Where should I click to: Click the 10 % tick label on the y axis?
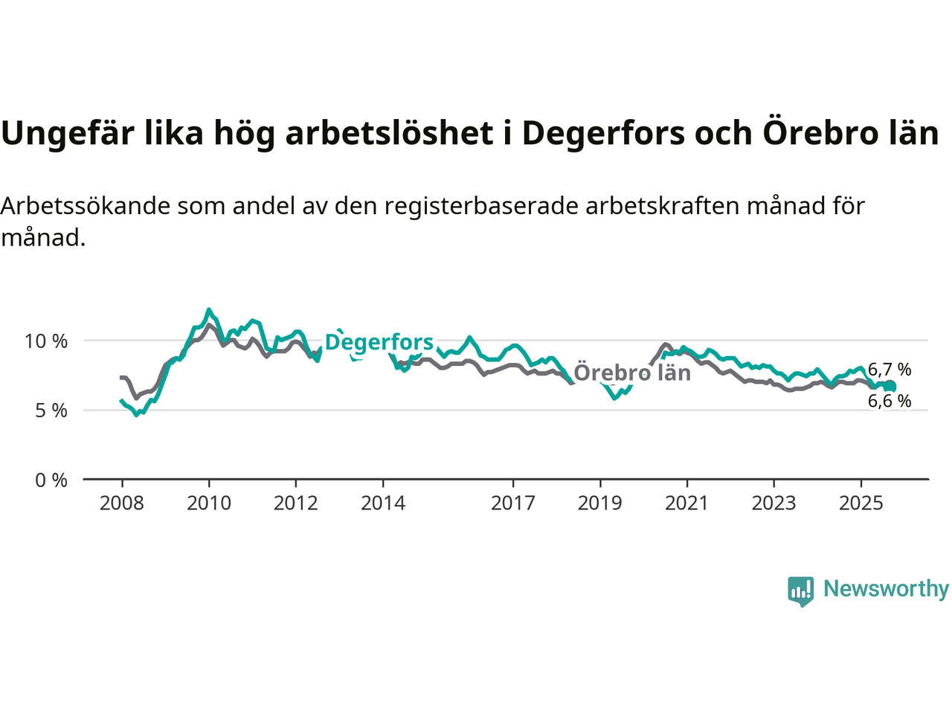pos(46,341)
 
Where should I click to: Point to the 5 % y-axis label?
pos(51,411)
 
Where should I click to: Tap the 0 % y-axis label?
pos(51,480)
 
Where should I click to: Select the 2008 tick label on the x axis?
pos(122,504)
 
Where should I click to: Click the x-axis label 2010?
pos(209,504)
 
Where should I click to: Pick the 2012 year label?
pos(296,504)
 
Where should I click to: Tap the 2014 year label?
pos(383,504)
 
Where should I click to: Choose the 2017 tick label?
pos(513,504)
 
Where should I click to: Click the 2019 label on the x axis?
pos(600,504)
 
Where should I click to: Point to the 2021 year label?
pos(686,504)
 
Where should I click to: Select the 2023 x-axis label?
pos(773,504)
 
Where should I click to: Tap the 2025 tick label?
pos(861,504)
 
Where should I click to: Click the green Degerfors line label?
pos(379,342)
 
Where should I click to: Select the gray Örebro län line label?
pos(632,373)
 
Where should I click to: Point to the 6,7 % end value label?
pos(890,370)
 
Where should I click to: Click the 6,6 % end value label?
pos(890,402)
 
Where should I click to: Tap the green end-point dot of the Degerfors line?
pos(890,386)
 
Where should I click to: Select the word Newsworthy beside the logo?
pos(886,589)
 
